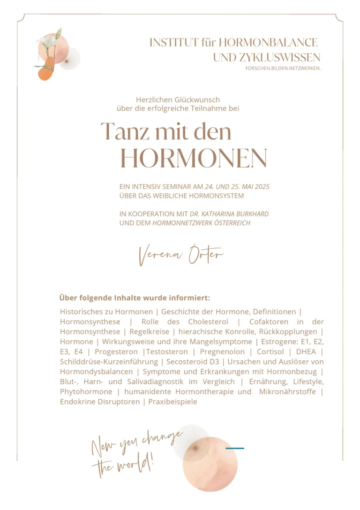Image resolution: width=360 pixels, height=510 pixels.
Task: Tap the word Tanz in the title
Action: (125, 131)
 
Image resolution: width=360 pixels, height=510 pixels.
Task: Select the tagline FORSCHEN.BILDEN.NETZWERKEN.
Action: (283, 69)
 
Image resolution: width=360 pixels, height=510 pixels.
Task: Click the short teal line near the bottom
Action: (234, 449)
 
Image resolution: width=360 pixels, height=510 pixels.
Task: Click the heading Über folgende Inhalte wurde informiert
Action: (134, 298)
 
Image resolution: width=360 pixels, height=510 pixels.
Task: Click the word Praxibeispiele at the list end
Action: (173, 402)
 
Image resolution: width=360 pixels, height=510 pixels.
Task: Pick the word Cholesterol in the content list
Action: (208, 321)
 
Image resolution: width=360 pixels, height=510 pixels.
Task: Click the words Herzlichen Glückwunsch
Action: (178, 99)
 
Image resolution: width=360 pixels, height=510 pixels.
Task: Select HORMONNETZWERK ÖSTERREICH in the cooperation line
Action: (202, 223)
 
